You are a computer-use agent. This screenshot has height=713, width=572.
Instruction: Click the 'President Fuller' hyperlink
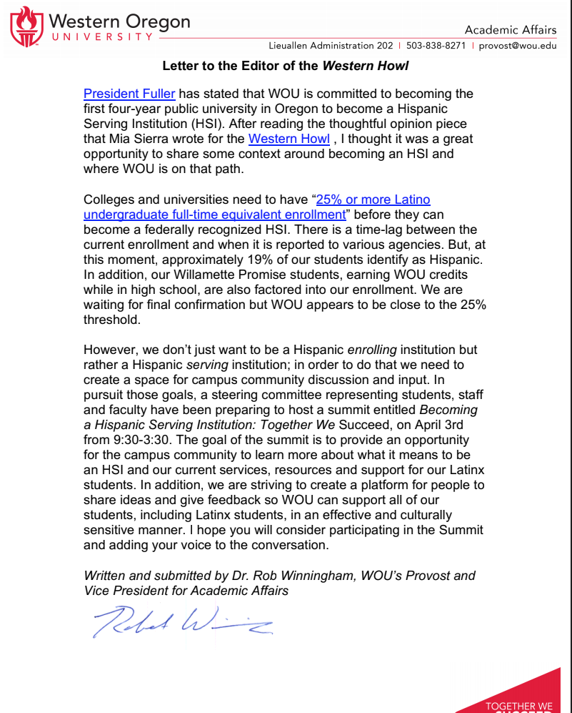point(129,94)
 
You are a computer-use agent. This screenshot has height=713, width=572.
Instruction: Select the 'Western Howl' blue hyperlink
point(288,139)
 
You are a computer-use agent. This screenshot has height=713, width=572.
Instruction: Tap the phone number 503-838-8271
point(436,46)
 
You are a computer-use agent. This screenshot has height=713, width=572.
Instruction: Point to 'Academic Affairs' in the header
point(510,29)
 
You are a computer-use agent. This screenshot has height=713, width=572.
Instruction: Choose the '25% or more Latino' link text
point(373,200)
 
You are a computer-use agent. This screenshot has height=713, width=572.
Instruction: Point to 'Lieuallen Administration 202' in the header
point(331,46)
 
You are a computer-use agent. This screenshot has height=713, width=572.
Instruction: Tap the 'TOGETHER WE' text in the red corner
point(519,707)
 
